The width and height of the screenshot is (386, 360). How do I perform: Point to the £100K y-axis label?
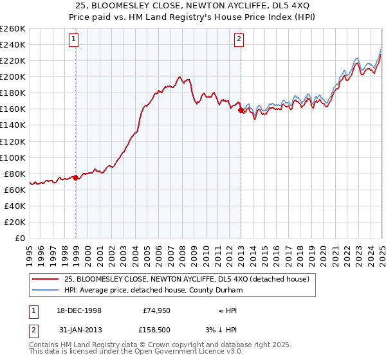(x=13, y=157)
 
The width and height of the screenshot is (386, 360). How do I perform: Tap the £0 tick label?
(x=21, y=238)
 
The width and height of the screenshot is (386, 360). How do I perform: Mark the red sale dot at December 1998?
(x=76, y=177)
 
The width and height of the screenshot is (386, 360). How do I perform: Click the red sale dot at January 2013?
(x=241, y=111)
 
